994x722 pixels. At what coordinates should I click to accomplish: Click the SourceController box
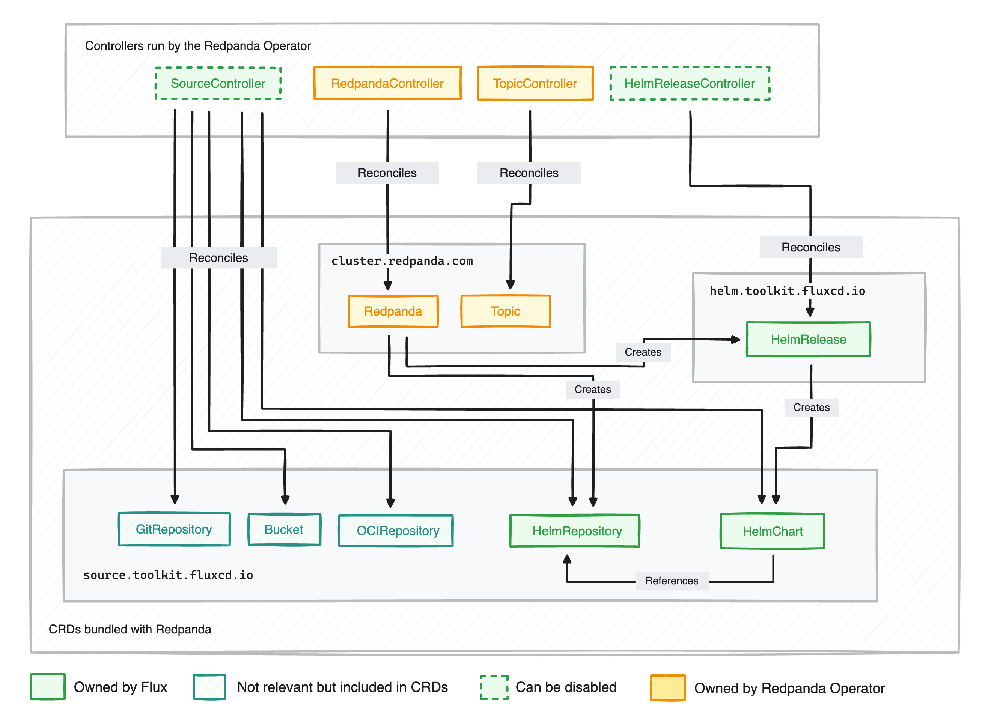tap(218, 84)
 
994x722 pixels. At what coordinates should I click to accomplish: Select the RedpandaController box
tap(387, 84)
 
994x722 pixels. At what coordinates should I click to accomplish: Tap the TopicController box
tap(535, 84)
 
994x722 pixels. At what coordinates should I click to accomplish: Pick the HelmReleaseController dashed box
tap(690, 84)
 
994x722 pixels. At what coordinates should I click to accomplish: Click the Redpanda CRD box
tap(393, 311)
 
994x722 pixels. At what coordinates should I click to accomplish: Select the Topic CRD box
tap(506, 311)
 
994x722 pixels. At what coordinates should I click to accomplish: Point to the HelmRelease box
tap(809, 340)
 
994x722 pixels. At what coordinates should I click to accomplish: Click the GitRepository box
tap(174, 529)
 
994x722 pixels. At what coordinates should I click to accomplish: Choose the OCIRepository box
tap(396, 531)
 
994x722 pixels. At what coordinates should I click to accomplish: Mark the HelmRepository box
tap(575, 531)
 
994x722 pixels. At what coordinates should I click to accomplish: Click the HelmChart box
tap(773, 532)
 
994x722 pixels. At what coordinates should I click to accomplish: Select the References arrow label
tap(672, 581)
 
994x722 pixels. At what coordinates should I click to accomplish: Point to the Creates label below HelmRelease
tap(811, 408)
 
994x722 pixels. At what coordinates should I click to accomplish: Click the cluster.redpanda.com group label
tap(402, 262)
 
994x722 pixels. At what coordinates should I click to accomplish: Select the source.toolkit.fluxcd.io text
tap(168, 575)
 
